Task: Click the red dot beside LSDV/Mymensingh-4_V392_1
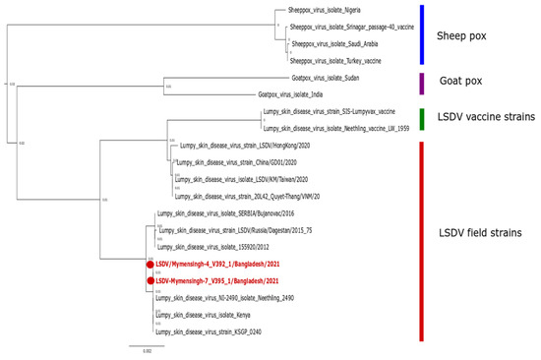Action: click(150, 265)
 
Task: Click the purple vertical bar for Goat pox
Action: click(422, 84)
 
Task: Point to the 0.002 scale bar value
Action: click(146, 350)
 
